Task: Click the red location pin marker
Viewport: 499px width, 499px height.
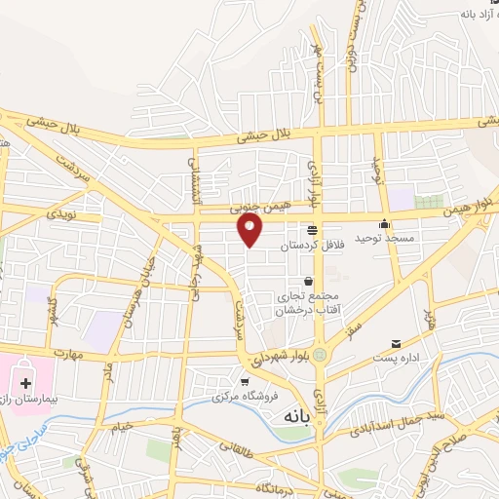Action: pos(250,229)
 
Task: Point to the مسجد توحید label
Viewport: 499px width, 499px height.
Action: pos(384,238)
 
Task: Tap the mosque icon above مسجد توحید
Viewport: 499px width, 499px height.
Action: pos(384,223)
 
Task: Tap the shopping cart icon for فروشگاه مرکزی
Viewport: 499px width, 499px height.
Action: pos(246,381)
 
